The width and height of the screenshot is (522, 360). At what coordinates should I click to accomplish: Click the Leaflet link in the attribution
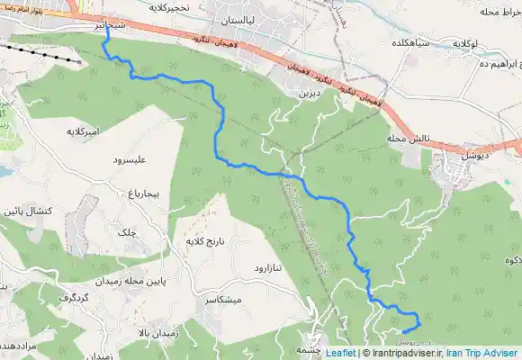[339, 354]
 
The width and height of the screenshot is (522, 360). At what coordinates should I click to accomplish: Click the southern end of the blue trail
[403, 332]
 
